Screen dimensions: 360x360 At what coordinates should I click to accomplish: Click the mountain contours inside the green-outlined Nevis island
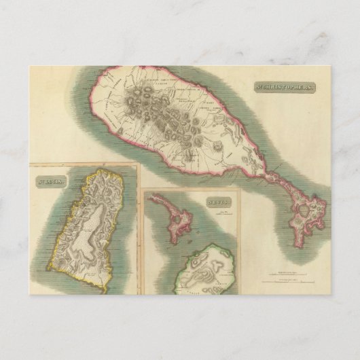pyautogui.click(x=211, y=268)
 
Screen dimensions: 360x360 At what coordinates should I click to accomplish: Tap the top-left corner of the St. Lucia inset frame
pyautogui.click(x=29, y=166)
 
